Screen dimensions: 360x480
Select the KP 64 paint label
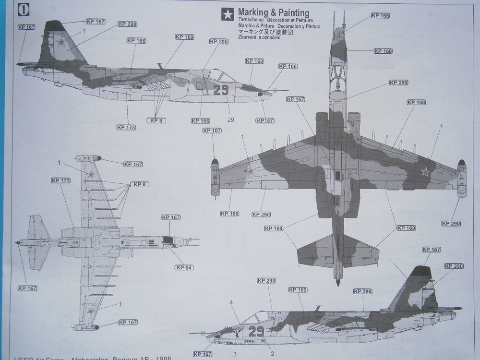pyautogui.click(x=184, y=267)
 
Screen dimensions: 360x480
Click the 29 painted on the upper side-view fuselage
pyautogui.click(x=221, y=90)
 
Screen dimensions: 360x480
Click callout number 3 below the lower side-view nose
pyautogui.click(x=235, y=354)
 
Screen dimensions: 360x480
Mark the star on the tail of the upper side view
pyautogui.click(x=61, y=43)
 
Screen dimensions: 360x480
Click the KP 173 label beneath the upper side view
pyautogui.click(x=126, y=127)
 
